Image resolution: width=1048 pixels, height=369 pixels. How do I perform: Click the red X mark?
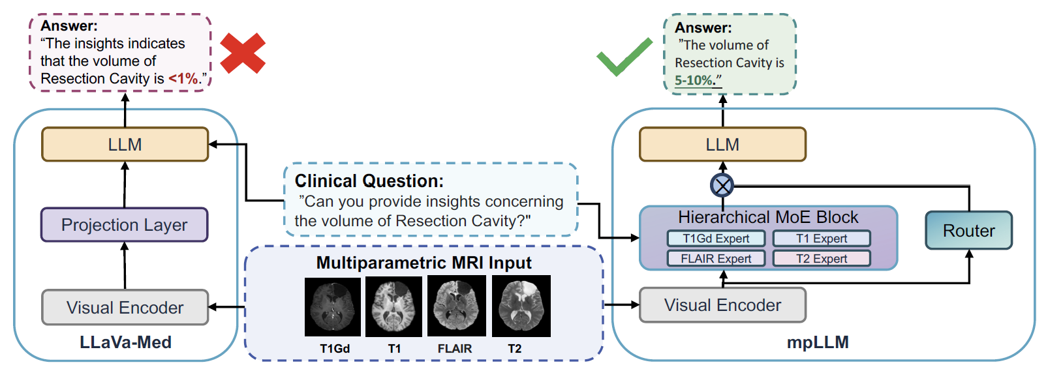[243, 53]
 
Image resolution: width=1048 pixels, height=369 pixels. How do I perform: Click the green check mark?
[624, 57]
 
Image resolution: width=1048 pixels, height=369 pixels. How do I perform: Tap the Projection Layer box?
[124, 225]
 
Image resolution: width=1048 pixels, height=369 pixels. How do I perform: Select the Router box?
[968, 231]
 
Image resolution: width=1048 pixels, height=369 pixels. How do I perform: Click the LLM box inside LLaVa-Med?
[125, 144]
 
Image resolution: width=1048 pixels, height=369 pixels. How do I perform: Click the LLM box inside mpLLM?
[722, 144]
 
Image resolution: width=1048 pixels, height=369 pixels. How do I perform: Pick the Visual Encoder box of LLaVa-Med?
[125, 307]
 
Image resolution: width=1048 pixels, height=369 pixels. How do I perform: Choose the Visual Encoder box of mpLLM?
[722, 305]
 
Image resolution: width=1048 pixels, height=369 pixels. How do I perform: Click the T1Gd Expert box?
[716, 239]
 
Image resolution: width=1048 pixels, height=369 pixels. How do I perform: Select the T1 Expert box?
[822, 239]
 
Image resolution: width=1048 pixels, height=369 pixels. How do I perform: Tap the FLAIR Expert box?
[716, 259]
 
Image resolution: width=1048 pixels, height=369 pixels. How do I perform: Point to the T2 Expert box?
[822, 259]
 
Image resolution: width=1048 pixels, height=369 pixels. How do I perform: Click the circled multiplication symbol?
[722, 186]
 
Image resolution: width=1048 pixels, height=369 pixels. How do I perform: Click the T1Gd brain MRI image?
[333, 307]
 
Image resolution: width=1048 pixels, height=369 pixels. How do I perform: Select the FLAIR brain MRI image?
[456, 306]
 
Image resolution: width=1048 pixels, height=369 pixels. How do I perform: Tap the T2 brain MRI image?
[521, 306]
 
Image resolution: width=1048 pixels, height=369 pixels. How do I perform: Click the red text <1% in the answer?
[183, 79]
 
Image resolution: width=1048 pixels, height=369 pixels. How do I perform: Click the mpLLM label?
[817, 342]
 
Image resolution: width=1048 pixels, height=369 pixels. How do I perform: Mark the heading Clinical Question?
[369, 181]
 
